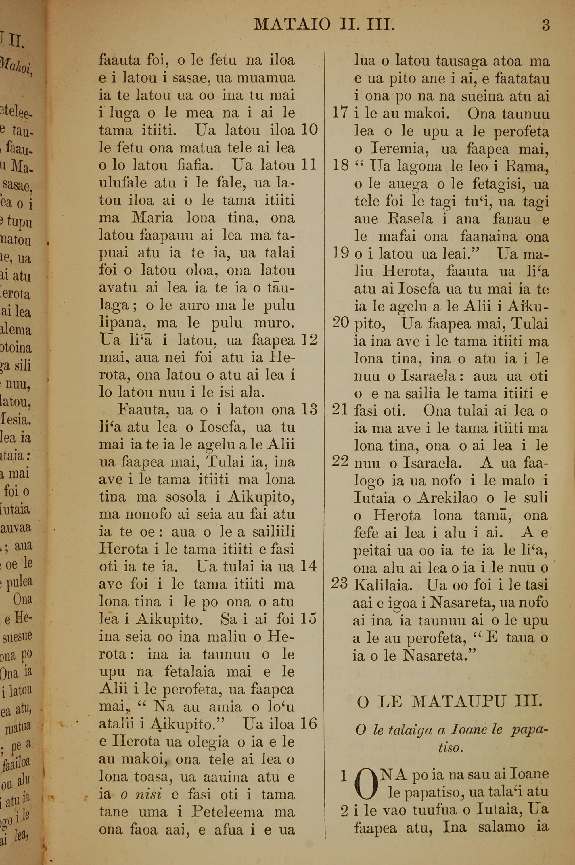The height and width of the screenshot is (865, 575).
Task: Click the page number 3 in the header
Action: [546, 26]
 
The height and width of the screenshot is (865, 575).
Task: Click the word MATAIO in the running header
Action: [292, 25]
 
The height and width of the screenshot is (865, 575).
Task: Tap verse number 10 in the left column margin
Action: [309, 130]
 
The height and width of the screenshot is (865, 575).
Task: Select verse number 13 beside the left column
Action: [309, 409]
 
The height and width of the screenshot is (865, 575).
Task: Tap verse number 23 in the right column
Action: [340, 584]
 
